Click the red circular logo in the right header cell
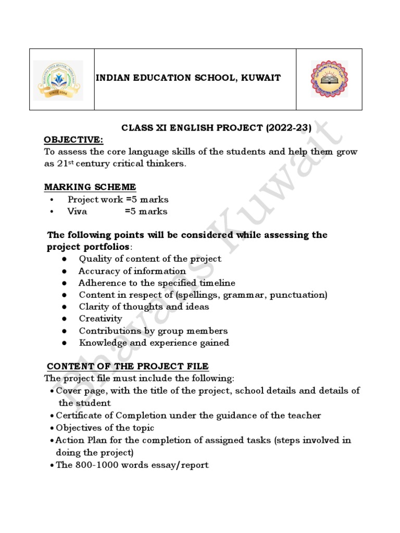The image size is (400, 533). [x=329, y=79]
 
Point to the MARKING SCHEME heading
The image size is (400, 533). [x=90, y=187]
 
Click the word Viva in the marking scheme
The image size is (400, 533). [x=77, y=211]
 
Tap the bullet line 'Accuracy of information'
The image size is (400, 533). [x=132, y=271]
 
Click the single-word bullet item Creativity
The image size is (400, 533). [x=100, y=319]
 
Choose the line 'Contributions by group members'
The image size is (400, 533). [x=153, y=331]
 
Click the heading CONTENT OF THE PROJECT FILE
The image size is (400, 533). [x=128, y=366]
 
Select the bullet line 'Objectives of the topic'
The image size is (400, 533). [x=105, y=428]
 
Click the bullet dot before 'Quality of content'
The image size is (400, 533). [x=64, y=259]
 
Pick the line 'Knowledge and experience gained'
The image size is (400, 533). [x=154, y=342]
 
